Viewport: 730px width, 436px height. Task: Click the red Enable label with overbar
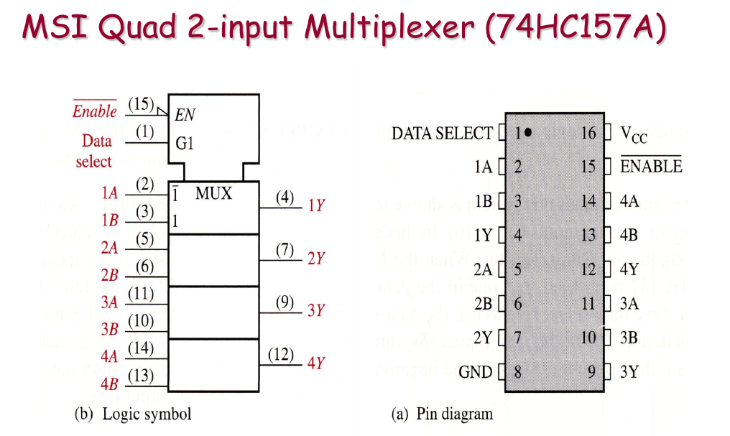94,111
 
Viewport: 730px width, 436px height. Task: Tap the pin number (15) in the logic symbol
141,104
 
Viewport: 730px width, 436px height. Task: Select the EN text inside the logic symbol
185,114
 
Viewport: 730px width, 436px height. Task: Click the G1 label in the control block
185,142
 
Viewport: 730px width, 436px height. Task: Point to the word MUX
213,193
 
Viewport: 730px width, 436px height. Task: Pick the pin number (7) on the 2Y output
285,250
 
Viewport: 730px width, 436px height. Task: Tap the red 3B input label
109,329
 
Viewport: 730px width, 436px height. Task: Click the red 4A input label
109,356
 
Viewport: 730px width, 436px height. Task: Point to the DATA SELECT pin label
442,134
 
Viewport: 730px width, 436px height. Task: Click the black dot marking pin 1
528,133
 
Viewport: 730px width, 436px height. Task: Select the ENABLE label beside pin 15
651,167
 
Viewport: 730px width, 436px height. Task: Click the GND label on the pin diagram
476,372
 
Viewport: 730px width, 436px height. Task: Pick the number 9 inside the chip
591,372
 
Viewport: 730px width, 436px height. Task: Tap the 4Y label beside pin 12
629,269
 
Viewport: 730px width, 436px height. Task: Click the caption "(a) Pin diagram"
442,414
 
